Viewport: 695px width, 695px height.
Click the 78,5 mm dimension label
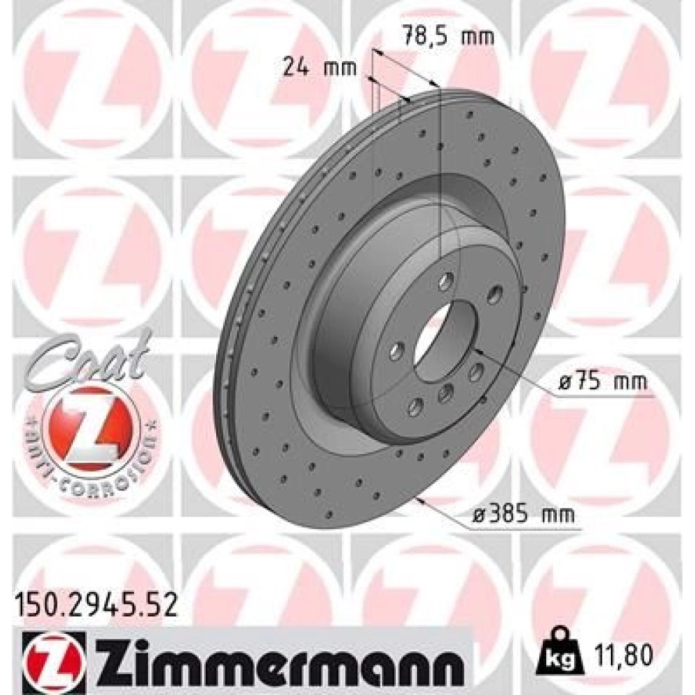[x=448, y=35]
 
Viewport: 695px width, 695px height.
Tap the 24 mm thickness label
[x=320, y=68]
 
